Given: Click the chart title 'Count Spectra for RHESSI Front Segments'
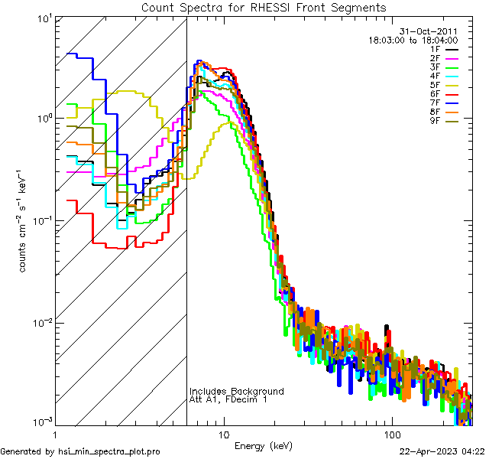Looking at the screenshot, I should coord(264,7).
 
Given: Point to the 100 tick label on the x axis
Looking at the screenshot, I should coord(391,434).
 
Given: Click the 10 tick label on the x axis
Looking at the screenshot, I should coord(223,434).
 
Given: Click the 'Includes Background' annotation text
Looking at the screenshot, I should coord(236,391).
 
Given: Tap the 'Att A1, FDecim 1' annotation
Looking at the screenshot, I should coord(228,399).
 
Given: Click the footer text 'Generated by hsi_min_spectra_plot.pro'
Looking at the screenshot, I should coord(81,451).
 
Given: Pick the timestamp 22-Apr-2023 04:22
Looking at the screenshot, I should coord(442,451).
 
